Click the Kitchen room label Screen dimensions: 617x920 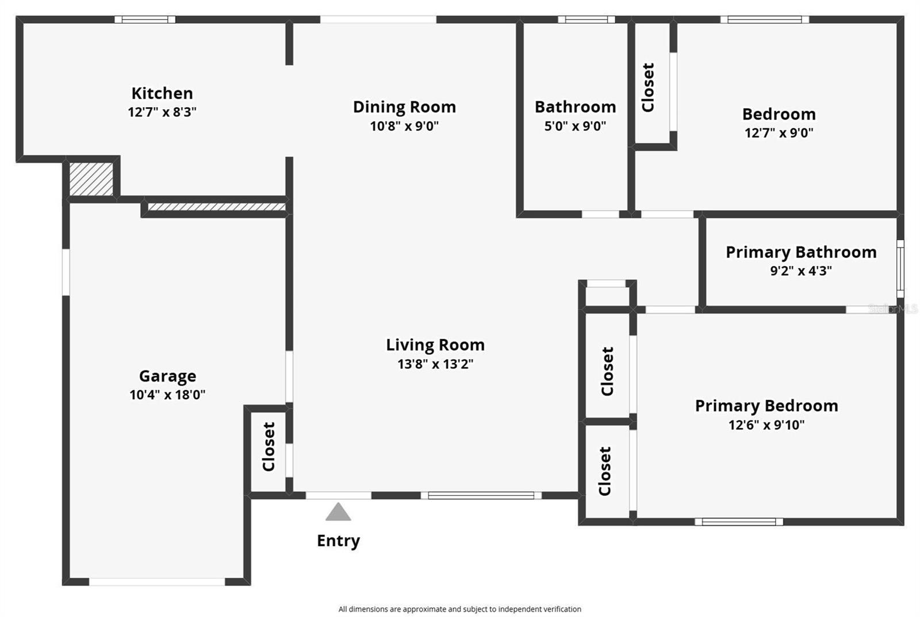pos(162,93)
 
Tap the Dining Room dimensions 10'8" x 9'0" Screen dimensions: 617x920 pos(404,126)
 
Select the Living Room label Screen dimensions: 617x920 pos(435,345)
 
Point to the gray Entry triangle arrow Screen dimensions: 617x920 pos(338,512)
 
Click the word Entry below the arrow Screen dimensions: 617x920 pos(338,540)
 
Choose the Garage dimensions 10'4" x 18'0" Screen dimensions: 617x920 pos(167,395)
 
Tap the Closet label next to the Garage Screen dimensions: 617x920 pos(269,447)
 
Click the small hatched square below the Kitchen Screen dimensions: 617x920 pos(91,178)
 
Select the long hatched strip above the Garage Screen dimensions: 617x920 pos(217,207)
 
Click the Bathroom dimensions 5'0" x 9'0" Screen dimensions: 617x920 pos(575,126)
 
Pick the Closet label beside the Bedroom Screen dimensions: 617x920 pos(648,87)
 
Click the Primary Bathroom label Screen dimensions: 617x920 pos(801,252)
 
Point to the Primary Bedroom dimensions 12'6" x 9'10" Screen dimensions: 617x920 pos(766,425)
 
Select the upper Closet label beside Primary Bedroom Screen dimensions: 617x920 pos(607,371)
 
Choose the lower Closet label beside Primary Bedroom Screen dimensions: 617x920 pos(605,471)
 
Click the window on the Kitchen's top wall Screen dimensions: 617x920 pos(145,20)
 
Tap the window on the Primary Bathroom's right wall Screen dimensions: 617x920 pos(900,269)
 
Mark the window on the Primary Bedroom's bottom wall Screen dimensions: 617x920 pos(739,522)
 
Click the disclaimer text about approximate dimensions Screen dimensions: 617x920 pos(459,609)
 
